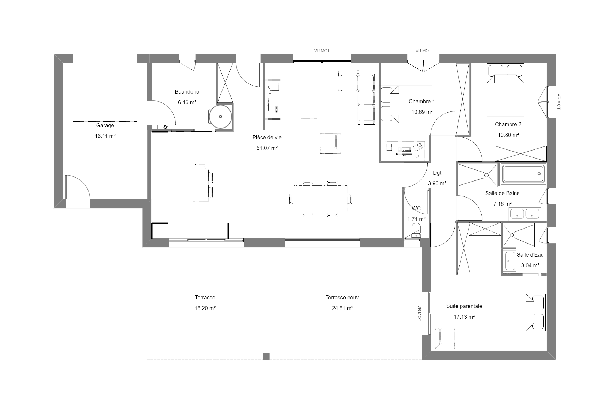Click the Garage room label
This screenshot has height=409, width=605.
[x=105, y=125]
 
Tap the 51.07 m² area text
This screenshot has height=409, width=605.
[x=267, y=148]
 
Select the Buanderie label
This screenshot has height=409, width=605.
[x=187, y=92]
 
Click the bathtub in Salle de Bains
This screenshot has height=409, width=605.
[x=523, y=174]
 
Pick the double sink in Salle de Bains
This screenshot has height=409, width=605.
[x=524, y=214]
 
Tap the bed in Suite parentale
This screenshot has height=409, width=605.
[x=519, y=312]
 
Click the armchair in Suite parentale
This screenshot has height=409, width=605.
[x=445, y=338]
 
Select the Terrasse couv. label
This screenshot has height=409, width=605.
[x=342, y=298]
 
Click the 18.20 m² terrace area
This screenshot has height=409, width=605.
[x=205, y=308]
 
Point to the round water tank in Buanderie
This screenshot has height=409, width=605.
[x=220, y=117]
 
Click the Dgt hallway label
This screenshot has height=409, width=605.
[x=437, y=173]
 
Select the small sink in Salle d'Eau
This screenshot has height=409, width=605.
[x=509, y=261]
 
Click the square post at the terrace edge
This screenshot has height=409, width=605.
[x=266, y=356]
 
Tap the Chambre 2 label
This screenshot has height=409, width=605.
[x=508, y=124]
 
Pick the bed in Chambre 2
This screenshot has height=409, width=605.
[x=505, y=90]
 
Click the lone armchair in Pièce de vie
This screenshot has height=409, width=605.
[x=330, y=144]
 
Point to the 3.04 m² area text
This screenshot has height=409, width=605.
[x=530, y=265]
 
